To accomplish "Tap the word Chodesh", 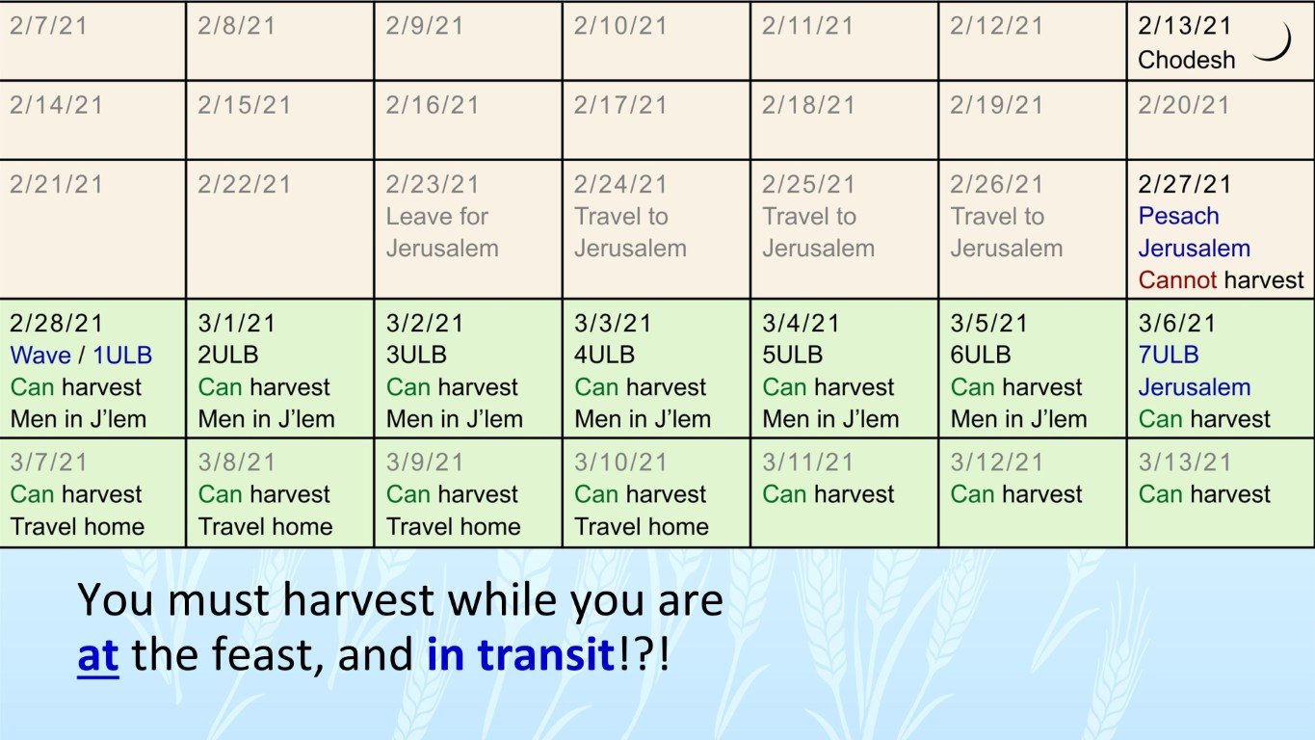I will pyautogui.click(x=1186, y=60).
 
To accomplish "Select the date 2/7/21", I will pyautogui.click(x=48, y=26).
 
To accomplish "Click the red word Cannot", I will pyautogui.click(x=1177, y=280).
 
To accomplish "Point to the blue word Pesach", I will pyautogui.click(x=1178, y=216).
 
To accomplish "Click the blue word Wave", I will pyautogui.click(x=40, y=356).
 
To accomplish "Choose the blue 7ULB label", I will pyautogui.click(x=1169, y=356).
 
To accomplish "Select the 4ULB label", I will pyautogui.click(x=604, y=356).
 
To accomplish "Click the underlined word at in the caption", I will pyautogui.click(x=97, y=656).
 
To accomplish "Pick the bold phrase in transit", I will pyautogui.click(x=520, y=656).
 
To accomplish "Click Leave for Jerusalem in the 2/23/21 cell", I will pyautogui.click(x=441, y=232).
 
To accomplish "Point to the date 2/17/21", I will pyautogui.click(x=621, y=105).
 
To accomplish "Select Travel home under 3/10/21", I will pyautogui.click(x=641, y=527).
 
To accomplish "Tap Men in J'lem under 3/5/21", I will pyautogui.click(x=1018, y=420).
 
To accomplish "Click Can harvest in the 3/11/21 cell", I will pyautogui.click(x=828, y=494).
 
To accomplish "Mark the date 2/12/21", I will pyautogui.click(x=997, y=26).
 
